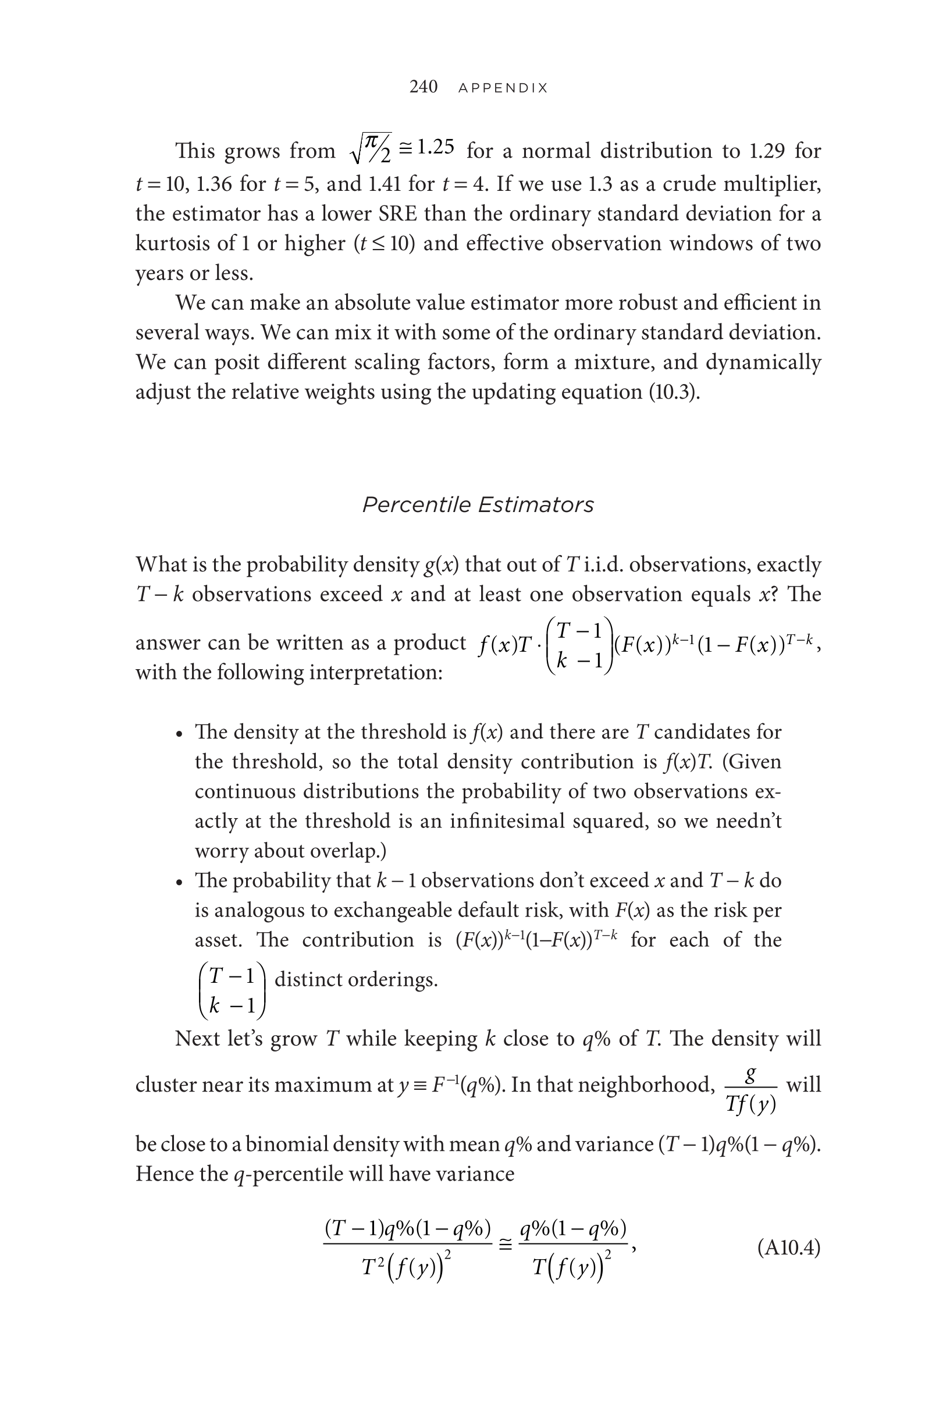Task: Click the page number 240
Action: pyautogui.click(x=423, y=87)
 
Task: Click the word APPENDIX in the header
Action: pyautogui.click(x=503, y=88)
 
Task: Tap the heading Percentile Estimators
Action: pyautogui.click(x=478, y=504)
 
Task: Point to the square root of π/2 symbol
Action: pyautogui.click(x=370, y=148)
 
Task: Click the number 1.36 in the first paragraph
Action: pyautogui.click(x=214, y=183)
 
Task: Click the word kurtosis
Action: pyautogui.click(x=173, y=244)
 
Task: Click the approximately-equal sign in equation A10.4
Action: pyautogui.click(x=506, y=1245)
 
